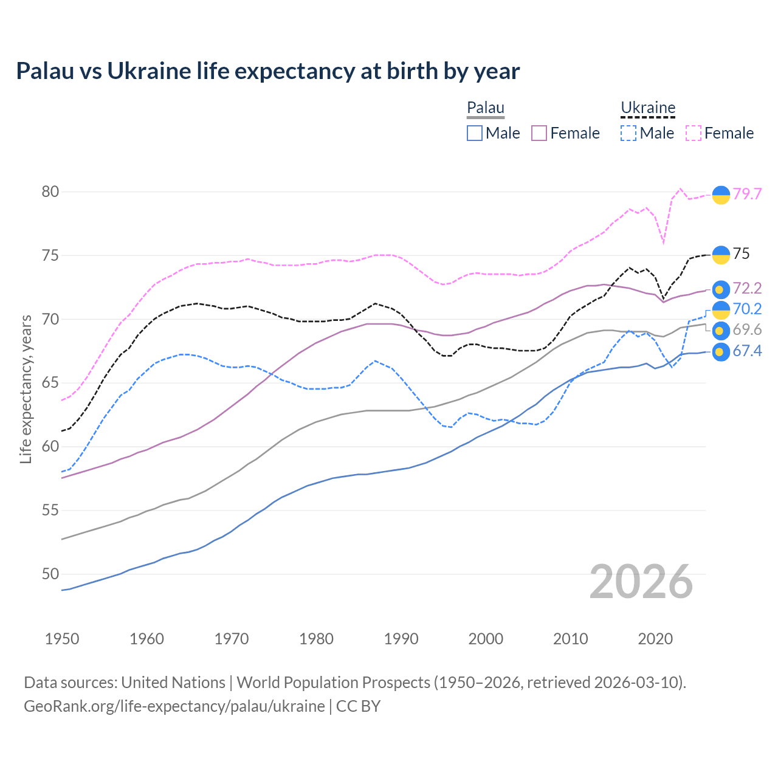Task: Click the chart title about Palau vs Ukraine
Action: (x=268, y=71)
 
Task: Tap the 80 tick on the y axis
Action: (x=50, y=191)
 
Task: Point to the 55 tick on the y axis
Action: (x=50, y=510)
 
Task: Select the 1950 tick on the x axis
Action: (x=62, y=638)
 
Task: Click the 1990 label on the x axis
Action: (x=401, y=638)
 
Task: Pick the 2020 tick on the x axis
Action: (x=656, y=638)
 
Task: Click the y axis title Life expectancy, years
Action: (x=26, y=389)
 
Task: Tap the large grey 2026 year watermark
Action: (x=641, y=582)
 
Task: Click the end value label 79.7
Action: (x=747, y=194)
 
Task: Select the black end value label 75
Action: (x=741, y=253)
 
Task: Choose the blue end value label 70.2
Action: (x=747, y=309)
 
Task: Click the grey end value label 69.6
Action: (x=747, y=329)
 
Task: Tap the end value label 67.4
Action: (x=747, y=351)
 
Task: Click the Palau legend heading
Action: (x=486, y=108)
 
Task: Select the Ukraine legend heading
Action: (x=648, y=108)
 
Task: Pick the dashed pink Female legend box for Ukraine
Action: (x=694, y=133)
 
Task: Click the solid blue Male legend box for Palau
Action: (x=475, y=133)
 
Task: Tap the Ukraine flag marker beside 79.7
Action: (x=721, y=194)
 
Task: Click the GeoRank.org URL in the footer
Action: (x=174, y=706)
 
